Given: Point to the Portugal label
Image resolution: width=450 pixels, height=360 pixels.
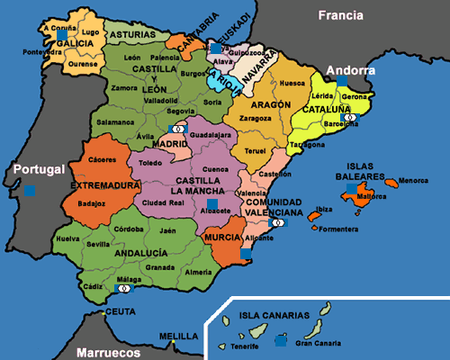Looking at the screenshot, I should tap(35, 169).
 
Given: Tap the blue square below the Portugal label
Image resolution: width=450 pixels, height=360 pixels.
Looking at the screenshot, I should tap(31, 190).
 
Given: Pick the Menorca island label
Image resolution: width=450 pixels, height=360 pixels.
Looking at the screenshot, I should tap(413, 180).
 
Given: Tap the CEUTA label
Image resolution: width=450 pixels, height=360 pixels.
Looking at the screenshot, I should tap(120, 311).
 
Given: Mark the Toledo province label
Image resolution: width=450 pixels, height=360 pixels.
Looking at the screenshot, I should tap(149, 163).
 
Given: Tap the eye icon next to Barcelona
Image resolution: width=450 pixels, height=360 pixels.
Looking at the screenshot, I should tap(359, 117).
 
